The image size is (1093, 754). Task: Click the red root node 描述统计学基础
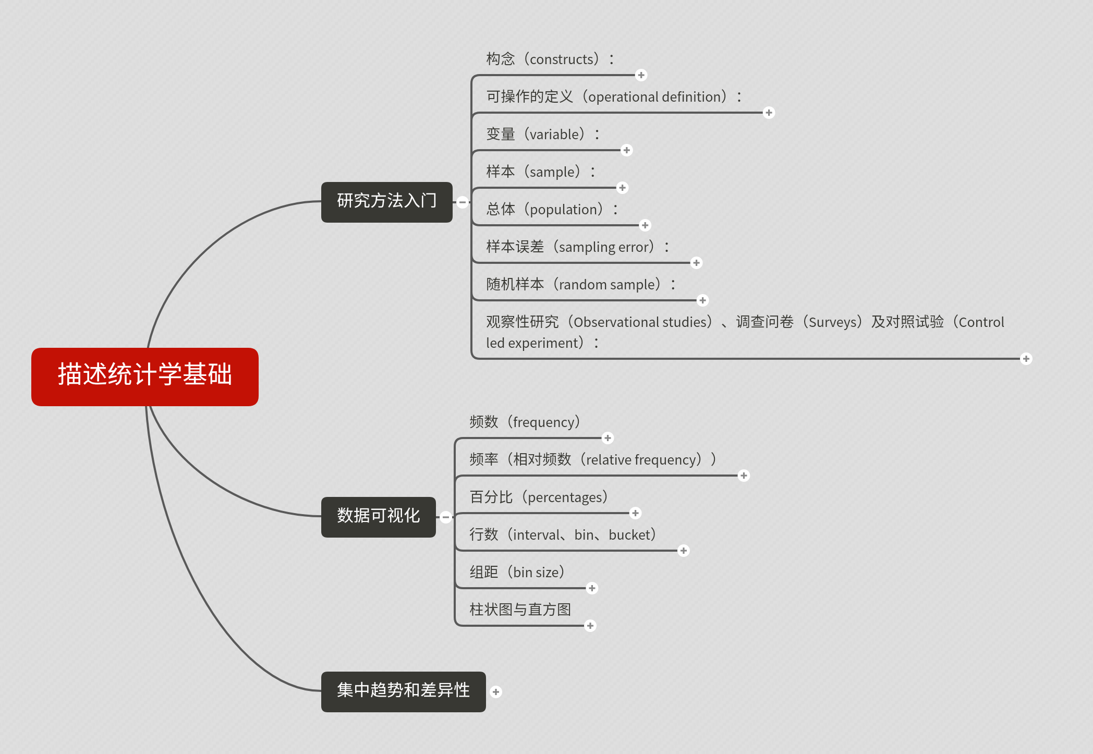[145, 376]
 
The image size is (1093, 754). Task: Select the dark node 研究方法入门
[387, 202]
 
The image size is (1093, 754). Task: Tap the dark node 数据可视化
[379, 517]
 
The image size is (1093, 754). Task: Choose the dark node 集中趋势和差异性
[404, 691]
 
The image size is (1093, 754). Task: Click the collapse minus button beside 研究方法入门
[462, 202]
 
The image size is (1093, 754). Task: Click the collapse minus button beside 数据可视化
[445, 517]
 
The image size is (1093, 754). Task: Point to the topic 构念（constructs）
[550, 59]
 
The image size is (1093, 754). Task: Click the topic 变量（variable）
[543, 135]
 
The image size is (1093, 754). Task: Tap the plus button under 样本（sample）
[622, 188]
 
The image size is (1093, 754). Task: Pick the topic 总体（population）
[552, 210]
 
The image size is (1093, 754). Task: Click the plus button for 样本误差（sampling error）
[696, 263]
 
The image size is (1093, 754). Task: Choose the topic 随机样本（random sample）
[581, 285]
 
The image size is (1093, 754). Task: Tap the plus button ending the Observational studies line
[1026, 359]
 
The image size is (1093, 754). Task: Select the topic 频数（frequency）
[525, 422]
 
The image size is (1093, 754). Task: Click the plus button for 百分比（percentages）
[635, 513]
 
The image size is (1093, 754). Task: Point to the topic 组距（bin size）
[517, 573]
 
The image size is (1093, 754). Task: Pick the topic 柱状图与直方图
[520, 610]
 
